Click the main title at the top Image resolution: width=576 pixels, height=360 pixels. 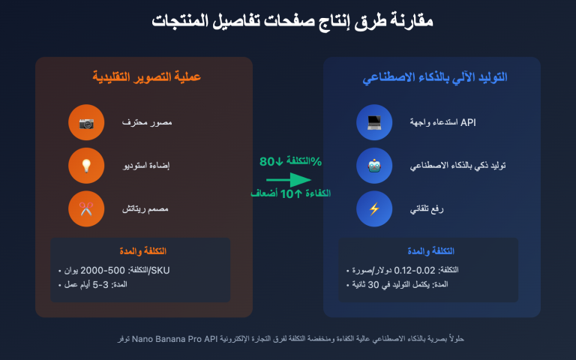pos(288,21)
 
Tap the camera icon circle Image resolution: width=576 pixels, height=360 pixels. pos(85,123)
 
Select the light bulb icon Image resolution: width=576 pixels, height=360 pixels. pos(85,166)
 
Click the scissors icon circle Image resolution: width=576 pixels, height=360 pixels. pos(85,208)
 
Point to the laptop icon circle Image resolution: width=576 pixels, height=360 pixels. pos(374,123)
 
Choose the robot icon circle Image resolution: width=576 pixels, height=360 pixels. pos(374,166)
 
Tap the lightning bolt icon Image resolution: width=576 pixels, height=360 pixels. pos(374,208)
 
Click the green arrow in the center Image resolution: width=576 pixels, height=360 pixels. pos(288,180)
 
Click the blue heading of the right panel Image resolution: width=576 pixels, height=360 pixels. pos(431,77)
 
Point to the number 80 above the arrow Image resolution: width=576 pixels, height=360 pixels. pos(268,161)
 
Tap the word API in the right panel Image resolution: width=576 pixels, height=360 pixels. pos(468,121)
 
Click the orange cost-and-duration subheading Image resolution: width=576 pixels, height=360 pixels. pos(142,250)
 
